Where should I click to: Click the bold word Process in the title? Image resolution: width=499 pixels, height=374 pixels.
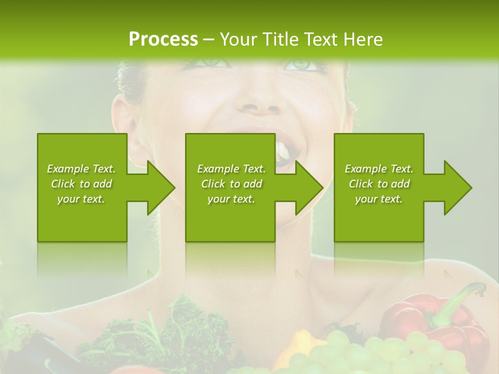[x=163, y=39]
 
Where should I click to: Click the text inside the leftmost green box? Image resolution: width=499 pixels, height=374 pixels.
[x=81, y=184]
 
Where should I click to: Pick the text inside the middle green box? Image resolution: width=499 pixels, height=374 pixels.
[x=231, y=184]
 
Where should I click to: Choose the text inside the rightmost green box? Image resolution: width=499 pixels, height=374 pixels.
[x=379, y=184]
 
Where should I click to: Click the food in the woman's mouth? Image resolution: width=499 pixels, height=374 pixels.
[x=283, y=154]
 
